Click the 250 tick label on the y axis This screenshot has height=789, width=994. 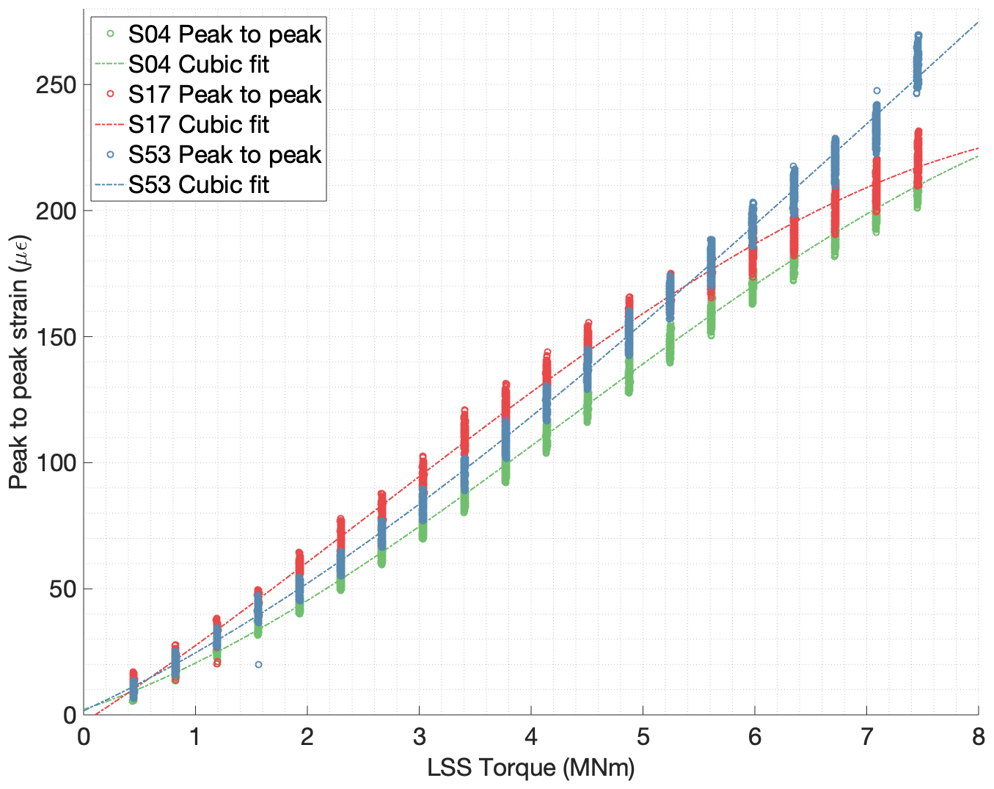[x=56, y=85]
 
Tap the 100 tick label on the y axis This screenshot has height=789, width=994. [x=56, y=463]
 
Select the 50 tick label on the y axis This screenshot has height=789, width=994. [x=62, y=589]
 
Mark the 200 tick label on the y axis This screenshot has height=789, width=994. [x=56, y=211]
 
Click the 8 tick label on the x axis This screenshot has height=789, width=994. [x=978, y=737]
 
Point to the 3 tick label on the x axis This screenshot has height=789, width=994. [x=419, y=737]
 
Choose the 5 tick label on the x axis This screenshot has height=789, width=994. [x=643, y=737]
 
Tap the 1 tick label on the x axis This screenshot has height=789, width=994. [x=195, y=737]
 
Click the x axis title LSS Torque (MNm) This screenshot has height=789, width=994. [x=531, y=768]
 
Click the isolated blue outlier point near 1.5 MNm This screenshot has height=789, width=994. [x=258, y=664]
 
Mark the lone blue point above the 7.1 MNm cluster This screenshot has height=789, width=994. [x=877, y=91]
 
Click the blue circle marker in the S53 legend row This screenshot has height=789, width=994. [x=110, y=155]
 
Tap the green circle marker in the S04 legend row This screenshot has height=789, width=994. [x=110, y=34]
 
